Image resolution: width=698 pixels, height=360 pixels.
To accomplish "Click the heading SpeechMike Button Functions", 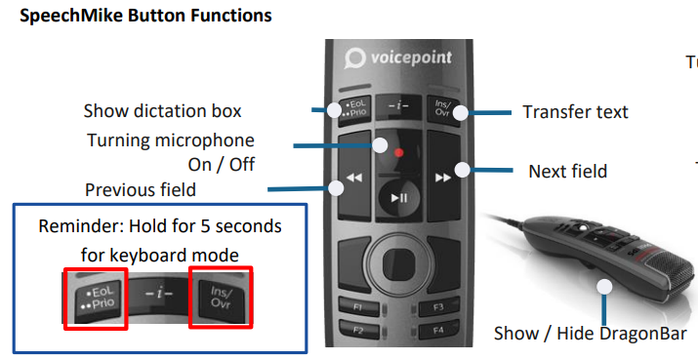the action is tap(145, 16).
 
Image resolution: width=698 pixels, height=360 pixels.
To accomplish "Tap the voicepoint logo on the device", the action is tap(398, 59).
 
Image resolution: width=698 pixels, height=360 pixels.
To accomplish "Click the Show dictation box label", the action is tap(162, 111).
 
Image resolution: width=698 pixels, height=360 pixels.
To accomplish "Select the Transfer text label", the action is tap(575, 111).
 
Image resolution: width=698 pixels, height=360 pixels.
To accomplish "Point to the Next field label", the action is tap(567, 172).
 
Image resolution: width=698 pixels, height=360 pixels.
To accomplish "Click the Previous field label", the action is tap(141, 190).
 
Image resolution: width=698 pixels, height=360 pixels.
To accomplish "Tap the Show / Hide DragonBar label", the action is tap(590, 333).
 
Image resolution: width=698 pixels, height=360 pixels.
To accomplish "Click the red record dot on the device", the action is tap(399, 152).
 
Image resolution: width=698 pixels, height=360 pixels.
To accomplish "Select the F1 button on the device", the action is tap(358, 306).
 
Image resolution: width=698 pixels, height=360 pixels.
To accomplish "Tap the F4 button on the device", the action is tap(438, 330).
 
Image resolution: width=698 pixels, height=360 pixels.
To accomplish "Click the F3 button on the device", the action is tap(438, 306).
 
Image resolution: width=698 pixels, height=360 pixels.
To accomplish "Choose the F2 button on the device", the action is tap(358, 330).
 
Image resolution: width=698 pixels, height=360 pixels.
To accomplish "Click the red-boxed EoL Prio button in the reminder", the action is tap(96, 299).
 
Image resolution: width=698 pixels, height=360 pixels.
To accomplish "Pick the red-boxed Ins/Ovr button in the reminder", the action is tap(221, 298).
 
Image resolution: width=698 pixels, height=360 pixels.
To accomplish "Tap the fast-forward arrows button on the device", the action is tap(443, 177).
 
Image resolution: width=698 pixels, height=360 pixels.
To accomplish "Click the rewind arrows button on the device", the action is tap(354, 177).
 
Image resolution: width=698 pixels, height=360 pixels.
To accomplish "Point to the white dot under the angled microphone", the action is tap(604, 287).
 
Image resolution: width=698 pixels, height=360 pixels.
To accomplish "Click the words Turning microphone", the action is tap(171, 140).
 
